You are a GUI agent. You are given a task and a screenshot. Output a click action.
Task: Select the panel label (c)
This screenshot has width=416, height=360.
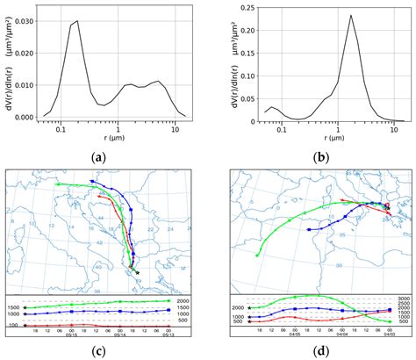(108, 349)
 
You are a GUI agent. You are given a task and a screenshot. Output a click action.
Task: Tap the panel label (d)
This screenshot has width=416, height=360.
(319, 349)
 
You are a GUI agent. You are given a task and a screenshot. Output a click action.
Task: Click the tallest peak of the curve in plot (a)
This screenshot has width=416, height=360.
(77, 21)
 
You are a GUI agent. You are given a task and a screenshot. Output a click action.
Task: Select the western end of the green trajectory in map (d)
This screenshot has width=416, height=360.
(256, 255)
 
